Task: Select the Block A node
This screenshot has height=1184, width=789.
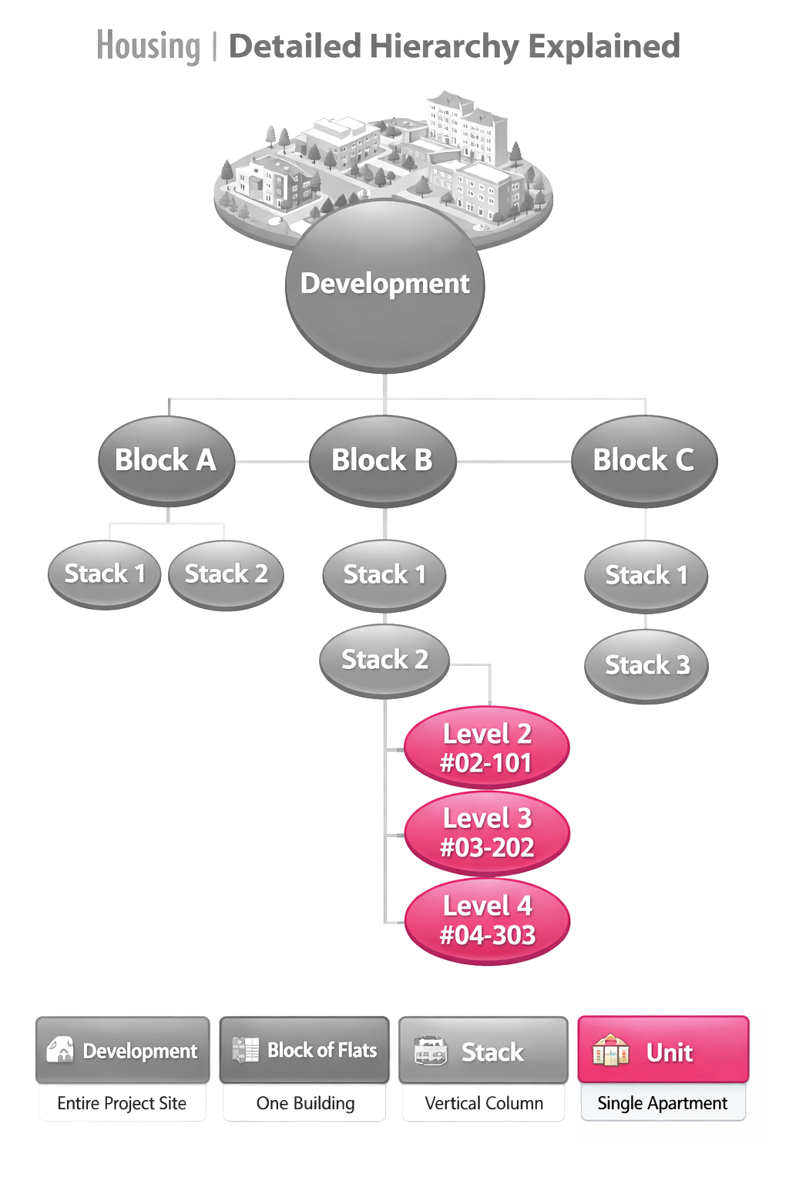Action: coord(166,460)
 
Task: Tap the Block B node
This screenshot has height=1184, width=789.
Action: coord(382,460)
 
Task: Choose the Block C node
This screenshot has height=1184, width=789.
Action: coord(643,460)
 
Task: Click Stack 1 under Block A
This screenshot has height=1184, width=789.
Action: coord(104,574)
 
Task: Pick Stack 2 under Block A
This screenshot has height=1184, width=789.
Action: coord(226,574)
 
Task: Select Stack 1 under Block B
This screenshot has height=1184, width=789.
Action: coord(384,575)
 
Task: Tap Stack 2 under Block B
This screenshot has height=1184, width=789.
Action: coord(384,660)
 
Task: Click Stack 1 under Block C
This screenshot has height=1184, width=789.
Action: coord(646,576)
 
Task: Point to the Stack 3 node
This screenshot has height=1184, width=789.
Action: coord(646,665)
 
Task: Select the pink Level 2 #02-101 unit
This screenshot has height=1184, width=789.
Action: coord(487,748)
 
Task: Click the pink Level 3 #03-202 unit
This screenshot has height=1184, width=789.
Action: coord(487,833)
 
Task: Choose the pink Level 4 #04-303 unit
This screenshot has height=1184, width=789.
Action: coord(487,920)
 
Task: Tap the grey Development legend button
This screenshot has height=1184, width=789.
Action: coord(123,1050)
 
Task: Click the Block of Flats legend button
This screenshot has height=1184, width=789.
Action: coord(304,1050)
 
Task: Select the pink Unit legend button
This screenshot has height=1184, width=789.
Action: coord(663,1050)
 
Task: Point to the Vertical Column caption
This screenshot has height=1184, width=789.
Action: coord(484,1103)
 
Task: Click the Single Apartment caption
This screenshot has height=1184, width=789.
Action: coord(663,1103)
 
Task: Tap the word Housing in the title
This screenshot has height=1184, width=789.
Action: coord(149,46)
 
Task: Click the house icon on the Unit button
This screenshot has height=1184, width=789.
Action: coord(610,1051)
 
